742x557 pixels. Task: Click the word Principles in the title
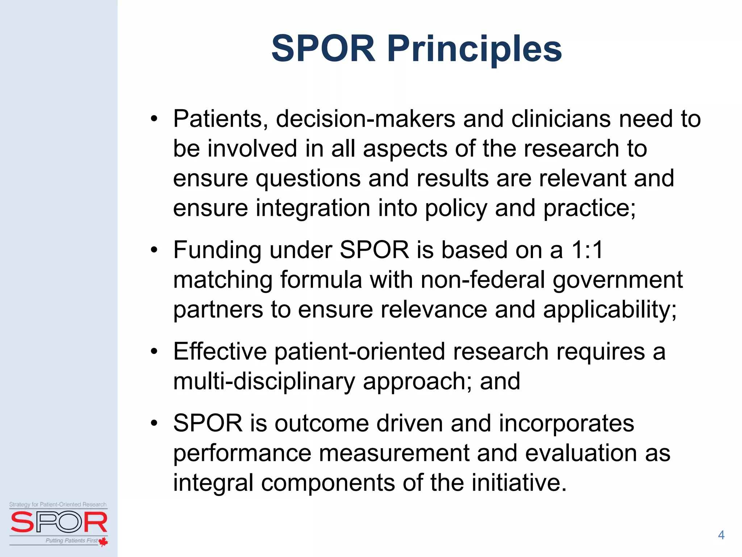475,49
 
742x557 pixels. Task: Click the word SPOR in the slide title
323,49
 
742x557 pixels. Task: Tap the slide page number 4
721,535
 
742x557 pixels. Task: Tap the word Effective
220,352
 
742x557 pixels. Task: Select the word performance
242,453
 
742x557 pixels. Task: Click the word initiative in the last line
514,483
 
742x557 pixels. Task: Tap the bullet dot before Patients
154,119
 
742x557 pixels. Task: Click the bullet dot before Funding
154,250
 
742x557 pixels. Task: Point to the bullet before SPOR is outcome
154,424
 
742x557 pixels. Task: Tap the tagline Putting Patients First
71,541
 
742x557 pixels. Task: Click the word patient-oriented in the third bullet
360,352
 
